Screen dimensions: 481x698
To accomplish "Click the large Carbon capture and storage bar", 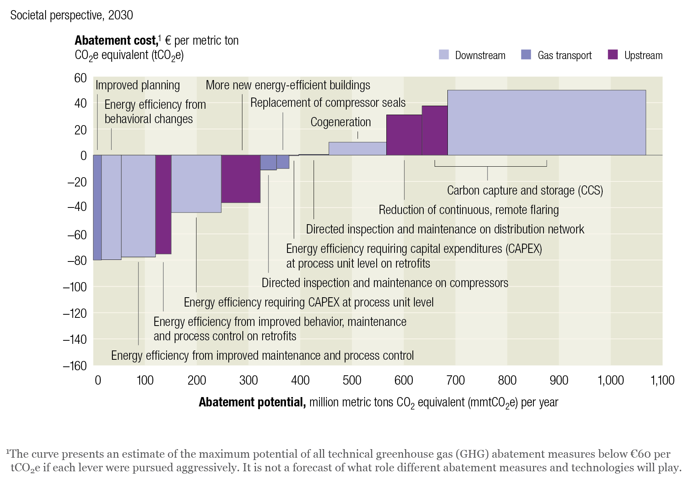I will point(546,122).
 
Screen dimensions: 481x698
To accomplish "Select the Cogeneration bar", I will point(357,148).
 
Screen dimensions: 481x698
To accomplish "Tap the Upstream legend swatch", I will point(612,55).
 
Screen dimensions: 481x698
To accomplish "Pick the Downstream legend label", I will point(480,55).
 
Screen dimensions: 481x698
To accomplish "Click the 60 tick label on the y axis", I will point(80,78).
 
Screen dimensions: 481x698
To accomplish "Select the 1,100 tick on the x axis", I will point(662,380).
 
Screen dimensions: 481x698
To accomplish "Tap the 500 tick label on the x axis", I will point(352,380).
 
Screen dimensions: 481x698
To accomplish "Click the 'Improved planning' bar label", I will point(138,85).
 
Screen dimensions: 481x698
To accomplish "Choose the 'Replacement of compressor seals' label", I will point(328,103).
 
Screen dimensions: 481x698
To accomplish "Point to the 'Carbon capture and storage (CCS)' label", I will point(525,190).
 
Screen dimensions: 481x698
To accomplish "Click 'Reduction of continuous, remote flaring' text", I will point(468,210).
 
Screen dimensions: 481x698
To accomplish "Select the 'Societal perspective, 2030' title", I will point(72,15).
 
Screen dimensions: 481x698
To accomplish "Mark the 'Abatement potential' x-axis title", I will point(252,402).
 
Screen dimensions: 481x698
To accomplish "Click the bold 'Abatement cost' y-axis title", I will point(116,40).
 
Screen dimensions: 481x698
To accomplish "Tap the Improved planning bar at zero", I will point(97,207).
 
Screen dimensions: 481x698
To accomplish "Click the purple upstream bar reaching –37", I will point(240,179).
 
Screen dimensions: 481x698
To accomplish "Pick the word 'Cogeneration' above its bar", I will point(340,122).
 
